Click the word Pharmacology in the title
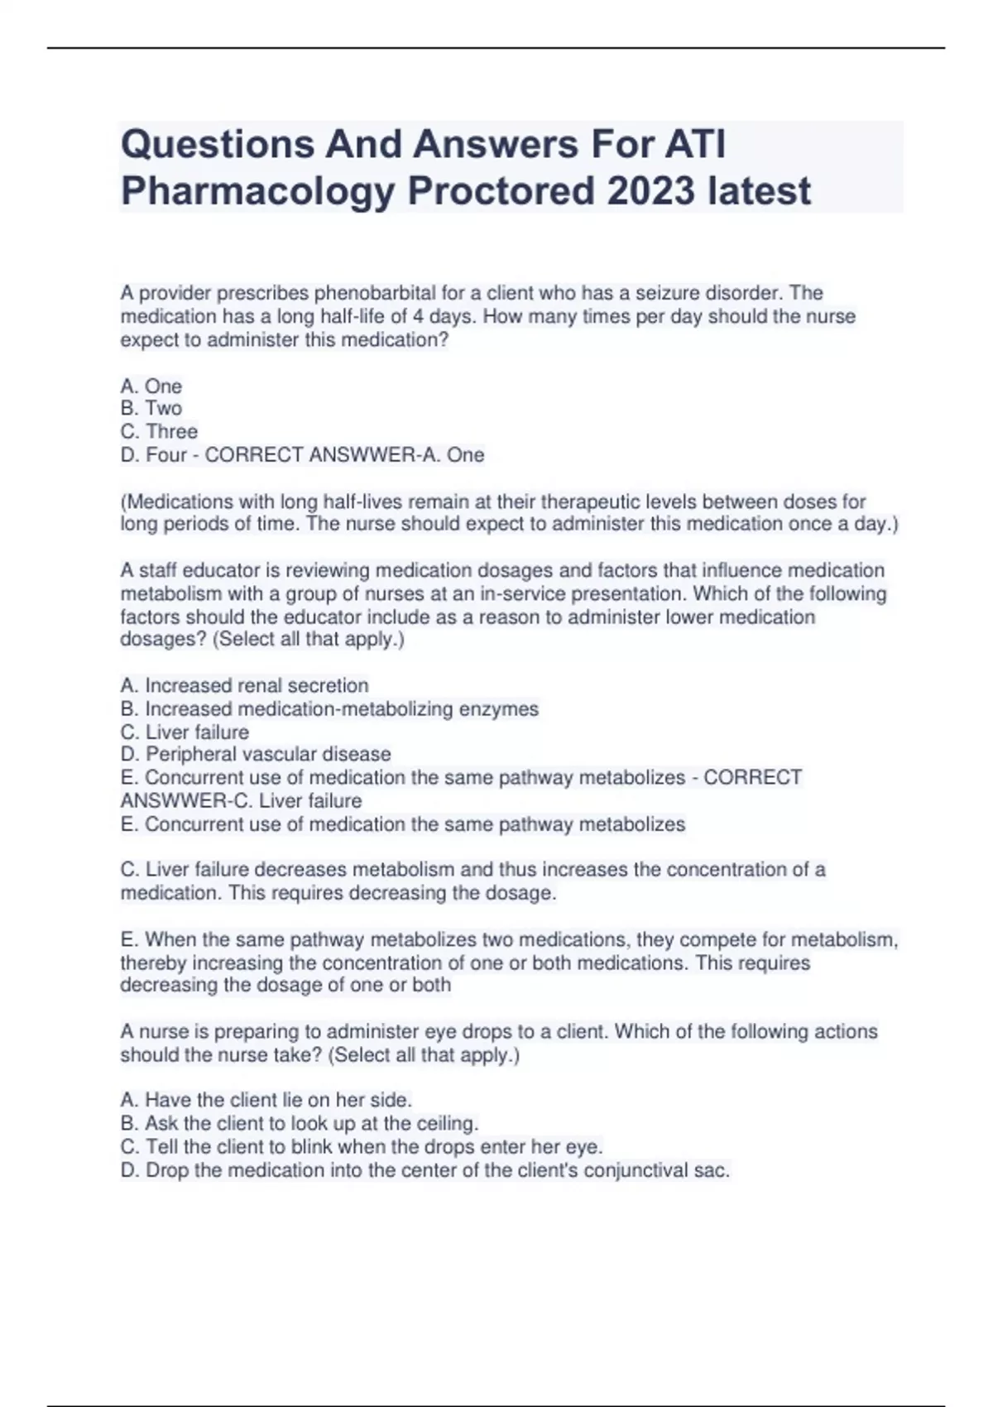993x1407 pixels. [x=257, y=192]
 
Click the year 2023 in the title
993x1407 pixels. [x=650, y=192]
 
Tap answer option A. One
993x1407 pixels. [x=151, y=386]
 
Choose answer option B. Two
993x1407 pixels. [x=151, y=408]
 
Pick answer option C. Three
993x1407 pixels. [x=159, y=431]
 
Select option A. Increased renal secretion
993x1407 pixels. [x=244, y=685]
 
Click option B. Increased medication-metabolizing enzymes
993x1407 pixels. [x=329, y=708]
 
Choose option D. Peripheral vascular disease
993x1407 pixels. [x=256, y=754]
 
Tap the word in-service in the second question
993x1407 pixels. [x=522, y=593]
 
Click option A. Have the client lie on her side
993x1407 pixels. [x=266, y=1100]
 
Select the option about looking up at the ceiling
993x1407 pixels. [x=299, y=1123]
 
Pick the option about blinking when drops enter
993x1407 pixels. [x=362, y=1146]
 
